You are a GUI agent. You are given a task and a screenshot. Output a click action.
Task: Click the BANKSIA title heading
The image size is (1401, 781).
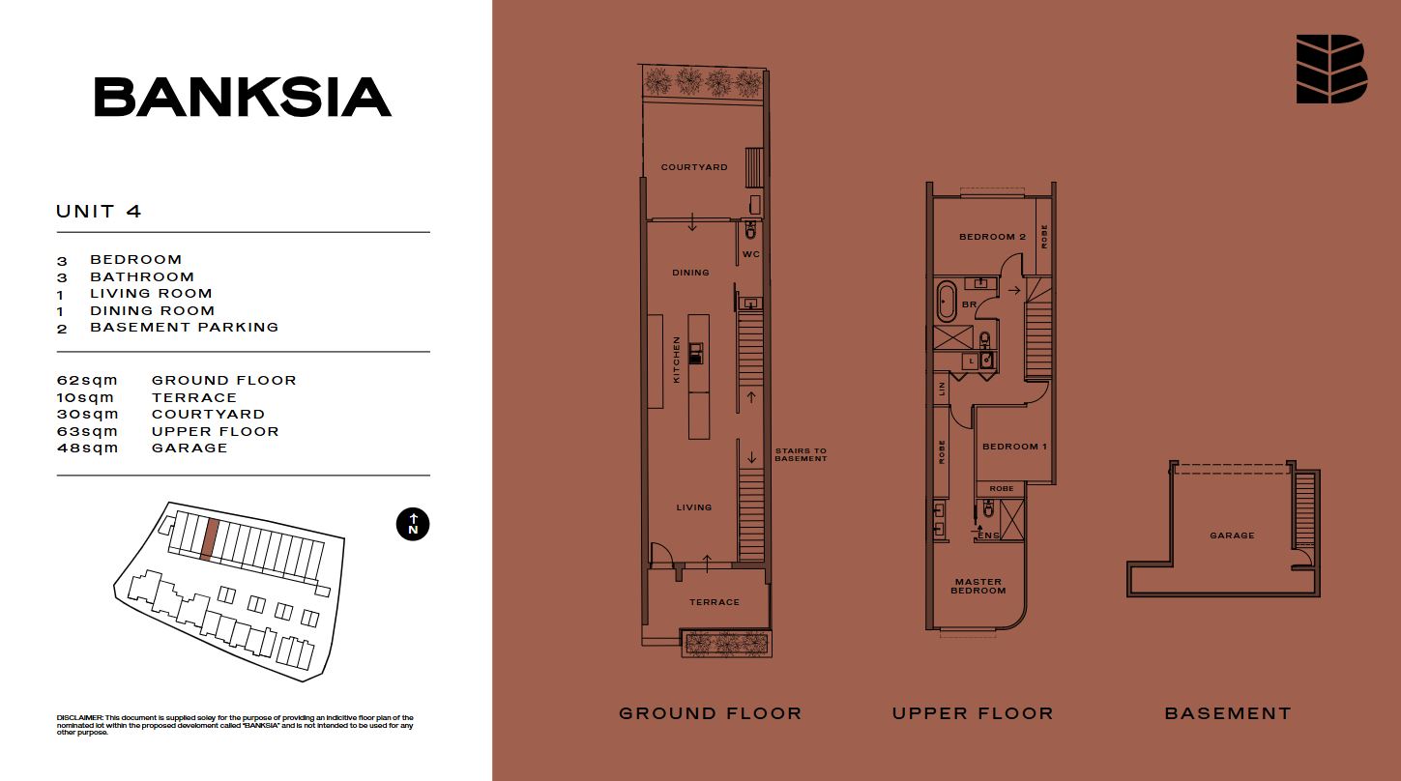coord(243,97)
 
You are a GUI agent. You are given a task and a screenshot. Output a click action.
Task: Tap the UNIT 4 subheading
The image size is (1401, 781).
coord(99,212)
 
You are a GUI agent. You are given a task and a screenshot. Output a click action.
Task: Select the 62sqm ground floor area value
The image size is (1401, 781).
coord(87,380)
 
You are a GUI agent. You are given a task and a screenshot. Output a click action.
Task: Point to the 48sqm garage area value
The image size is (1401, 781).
coord(87,448)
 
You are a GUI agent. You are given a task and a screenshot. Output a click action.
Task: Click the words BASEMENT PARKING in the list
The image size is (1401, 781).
coord(184,327)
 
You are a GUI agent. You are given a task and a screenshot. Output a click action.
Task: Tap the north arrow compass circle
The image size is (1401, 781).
coord(413,524)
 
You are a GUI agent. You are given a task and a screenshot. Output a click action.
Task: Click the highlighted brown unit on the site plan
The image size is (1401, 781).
coord(210,539)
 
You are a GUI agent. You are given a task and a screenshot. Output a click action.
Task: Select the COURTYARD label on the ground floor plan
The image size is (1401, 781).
coord(694,167)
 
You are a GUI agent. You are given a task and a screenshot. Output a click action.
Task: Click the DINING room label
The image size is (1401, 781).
coord(690,273)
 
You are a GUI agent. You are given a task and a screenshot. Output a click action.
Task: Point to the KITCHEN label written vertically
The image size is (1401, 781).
coord(676,360)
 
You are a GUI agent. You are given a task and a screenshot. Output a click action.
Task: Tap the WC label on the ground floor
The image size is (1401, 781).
coord(751,254)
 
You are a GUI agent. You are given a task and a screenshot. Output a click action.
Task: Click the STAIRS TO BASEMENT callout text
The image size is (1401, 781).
coord(802,454)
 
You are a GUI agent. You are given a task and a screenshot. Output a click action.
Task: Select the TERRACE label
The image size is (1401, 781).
coord(715,602)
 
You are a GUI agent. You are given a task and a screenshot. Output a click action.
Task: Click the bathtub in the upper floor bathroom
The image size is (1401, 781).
coord(946,302)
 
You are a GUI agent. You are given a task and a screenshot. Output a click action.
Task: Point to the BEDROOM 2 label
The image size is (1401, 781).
coord(993,237)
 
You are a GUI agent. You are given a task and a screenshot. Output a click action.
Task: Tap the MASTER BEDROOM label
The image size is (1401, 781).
coord(978,586)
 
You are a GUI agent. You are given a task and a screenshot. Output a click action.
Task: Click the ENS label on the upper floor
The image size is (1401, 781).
coord(989,535)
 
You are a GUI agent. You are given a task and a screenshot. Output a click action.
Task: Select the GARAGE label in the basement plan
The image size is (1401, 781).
coord(1232,535)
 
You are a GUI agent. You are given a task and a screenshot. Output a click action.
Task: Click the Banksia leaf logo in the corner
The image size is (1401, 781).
coord(1331,69)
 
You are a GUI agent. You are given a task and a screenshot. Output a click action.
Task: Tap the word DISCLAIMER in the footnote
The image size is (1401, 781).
coord(79,718)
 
